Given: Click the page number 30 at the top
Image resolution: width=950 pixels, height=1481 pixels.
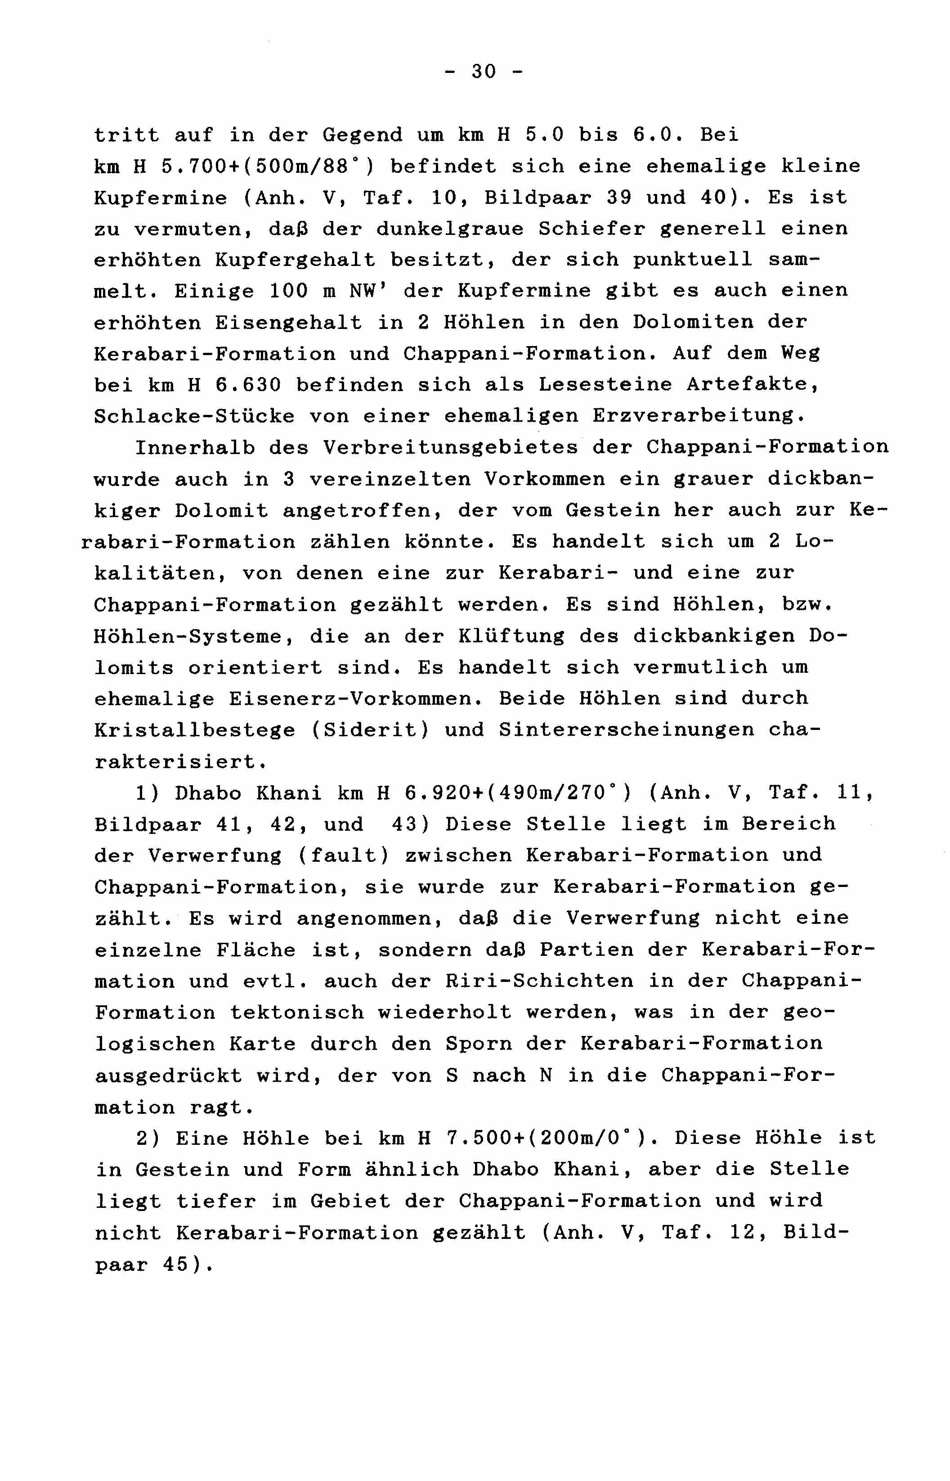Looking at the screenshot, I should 484,72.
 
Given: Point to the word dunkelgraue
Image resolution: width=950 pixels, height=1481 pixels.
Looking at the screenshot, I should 450,229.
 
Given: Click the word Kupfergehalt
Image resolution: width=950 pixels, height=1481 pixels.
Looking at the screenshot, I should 296,261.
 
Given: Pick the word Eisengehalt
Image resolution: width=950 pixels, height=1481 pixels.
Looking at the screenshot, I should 289,323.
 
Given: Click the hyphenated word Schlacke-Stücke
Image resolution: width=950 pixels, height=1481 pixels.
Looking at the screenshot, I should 194,417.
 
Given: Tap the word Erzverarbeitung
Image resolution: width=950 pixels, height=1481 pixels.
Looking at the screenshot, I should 699,417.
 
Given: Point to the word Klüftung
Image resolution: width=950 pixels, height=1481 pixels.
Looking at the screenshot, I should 511,636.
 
